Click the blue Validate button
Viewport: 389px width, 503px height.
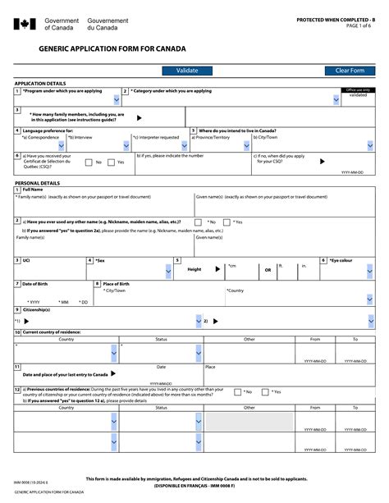[187, 71]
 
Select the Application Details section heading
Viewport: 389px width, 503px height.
[40, 84]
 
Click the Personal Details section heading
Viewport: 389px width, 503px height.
[38, 182]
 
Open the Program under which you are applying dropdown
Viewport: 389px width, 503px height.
[115, 100]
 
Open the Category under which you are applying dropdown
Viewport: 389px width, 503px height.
[336, 100]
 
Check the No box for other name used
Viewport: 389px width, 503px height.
[199, 222]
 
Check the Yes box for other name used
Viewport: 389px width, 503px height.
[227, 222]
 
